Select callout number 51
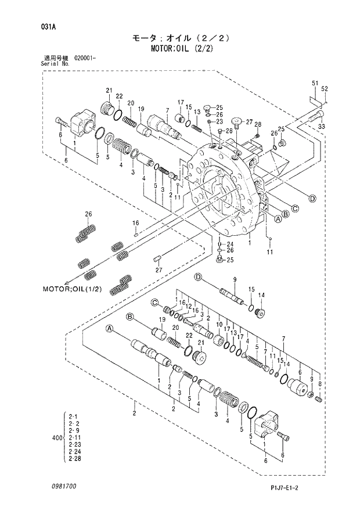[315, 84]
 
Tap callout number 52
[325, 88]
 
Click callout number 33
[322, 127]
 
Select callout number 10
[219, 325]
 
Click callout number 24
[230, 244]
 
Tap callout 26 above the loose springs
[88, 215]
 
